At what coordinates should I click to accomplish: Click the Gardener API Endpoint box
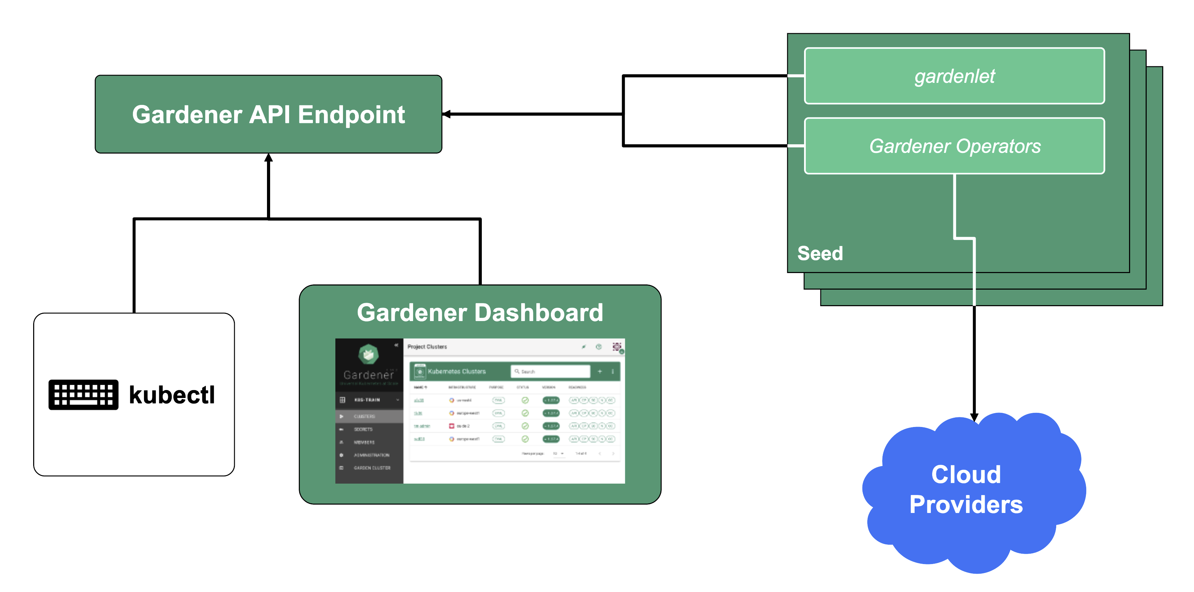tap(268, 114)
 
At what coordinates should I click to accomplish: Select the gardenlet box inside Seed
tap(954, 76)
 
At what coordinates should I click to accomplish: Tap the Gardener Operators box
tap(954, 146)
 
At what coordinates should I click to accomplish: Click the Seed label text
tap(820, 253)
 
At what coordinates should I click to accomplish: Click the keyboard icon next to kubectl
tap(84, 395)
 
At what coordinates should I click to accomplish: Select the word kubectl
tap(172, 395)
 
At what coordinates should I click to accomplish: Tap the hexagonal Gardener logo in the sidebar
tap(369, 355)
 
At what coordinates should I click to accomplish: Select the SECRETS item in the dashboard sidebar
tap(363, 429)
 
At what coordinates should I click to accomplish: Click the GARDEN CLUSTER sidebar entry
tap(372, 468)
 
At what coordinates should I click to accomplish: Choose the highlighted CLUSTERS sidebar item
tap(364, 416)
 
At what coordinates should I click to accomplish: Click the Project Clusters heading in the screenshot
tap(427, 347)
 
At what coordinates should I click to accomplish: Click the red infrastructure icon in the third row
tap(451, 426)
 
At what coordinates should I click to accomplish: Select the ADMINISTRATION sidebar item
tap(371, 455)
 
